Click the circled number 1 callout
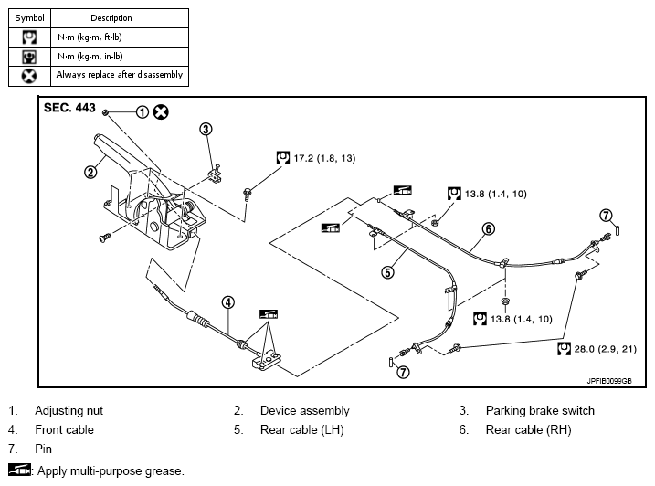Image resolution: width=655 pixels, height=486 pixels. (142, 112)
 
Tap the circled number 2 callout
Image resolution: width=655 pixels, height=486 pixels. (90, 172)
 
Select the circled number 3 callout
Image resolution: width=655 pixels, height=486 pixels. (206, 129)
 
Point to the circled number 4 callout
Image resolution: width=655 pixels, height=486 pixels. (227, 302)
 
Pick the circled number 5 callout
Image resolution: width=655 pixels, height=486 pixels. (387, 272)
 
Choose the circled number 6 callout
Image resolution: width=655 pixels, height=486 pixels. (489, 229)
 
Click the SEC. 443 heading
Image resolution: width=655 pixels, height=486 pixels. (69, 108)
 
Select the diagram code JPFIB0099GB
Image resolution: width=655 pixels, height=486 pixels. (609, 381)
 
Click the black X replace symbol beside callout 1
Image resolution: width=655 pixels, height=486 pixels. (161, 112)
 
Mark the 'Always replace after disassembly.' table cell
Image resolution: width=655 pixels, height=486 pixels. (120, 76)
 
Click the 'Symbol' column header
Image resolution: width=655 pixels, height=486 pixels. (29, 18)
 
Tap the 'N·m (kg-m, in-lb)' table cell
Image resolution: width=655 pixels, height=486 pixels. (120, 57)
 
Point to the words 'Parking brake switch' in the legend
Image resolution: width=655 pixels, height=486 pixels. (540, 410)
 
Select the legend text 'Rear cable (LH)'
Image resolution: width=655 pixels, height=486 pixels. (302, 429)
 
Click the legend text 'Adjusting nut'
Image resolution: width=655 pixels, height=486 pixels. (69, 411)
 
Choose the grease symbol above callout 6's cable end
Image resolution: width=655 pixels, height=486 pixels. (402, 190)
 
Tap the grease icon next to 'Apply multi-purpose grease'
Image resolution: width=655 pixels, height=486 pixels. (19, 470)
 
